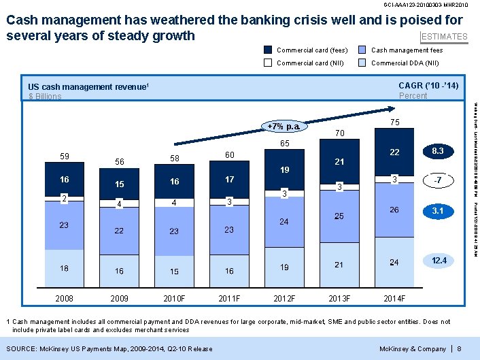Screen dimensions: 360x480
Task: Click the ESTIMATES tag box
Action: click(445, 37)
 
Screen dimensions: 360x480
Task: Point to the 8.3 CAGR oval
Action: click(437, 151)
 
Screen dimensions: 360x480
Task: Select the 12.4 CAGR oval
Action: click(437, 261)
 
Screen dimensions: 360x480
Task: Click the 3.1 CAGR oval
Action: click(437, 212)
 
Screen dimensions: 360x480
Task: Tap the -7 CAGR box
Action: click(437, 180)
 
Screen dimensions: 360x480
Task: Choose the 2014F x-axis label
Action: click(394, 297)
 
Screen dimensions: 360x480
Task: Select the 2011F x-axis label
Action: click(229, 297)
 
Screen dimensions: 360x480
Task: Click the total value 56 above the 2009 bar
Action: click(119, 162)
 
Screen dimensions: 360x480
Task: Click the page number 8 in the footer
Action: click(460, 349)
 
